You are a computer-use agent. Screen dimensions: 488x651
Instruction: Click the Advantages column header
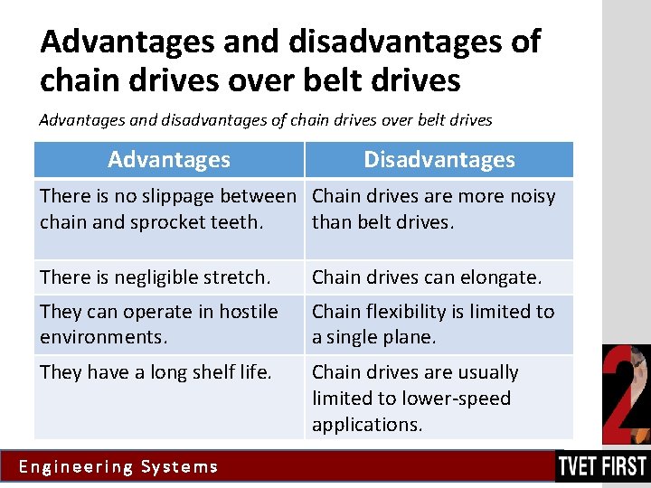(x=169, y=160)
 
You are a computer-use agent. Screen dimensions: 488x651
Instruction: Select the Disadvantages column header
(x=439, y=160)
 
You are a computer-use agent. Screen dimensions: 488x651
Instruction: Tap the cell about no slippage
(x=168, y=209)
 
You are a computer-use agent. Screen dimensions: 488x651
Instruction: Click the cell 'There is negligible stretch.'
(x=155, y=277)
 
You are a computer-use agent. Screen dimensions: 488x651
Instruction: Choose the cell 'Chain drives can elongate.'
(x=427, y=277)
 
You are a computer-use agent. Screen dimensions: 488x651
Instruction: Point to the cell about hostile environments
(x=159, y=324)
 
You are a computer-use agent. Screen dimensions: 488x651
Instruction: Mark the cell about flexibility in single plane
(x=433, y=324)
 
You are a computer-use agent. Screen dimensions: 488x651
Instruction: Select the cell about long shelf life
(x=156, y=371)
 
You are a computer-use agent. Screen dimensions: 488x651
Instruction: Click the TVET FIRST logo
(x=602, y=466)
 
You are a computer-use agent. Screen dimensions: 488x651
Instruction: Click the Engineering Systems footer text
(x=118, y=467)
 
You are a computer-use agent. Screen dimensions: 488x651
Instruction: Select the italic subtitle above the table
(x=266, y=119)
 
